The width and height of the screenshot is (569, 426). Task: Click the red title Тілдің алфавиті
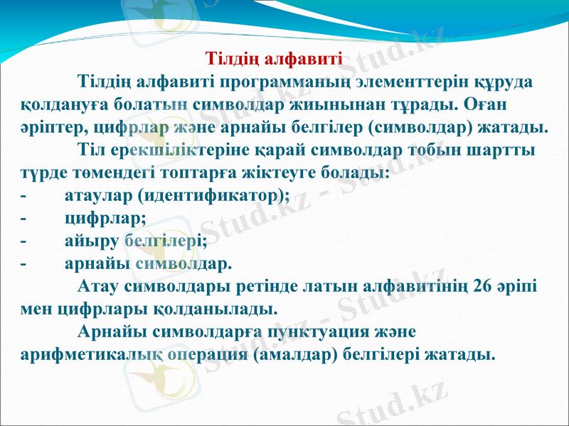(274, 58)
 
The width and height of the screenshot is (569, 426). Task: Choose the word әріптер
(47, 128)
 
